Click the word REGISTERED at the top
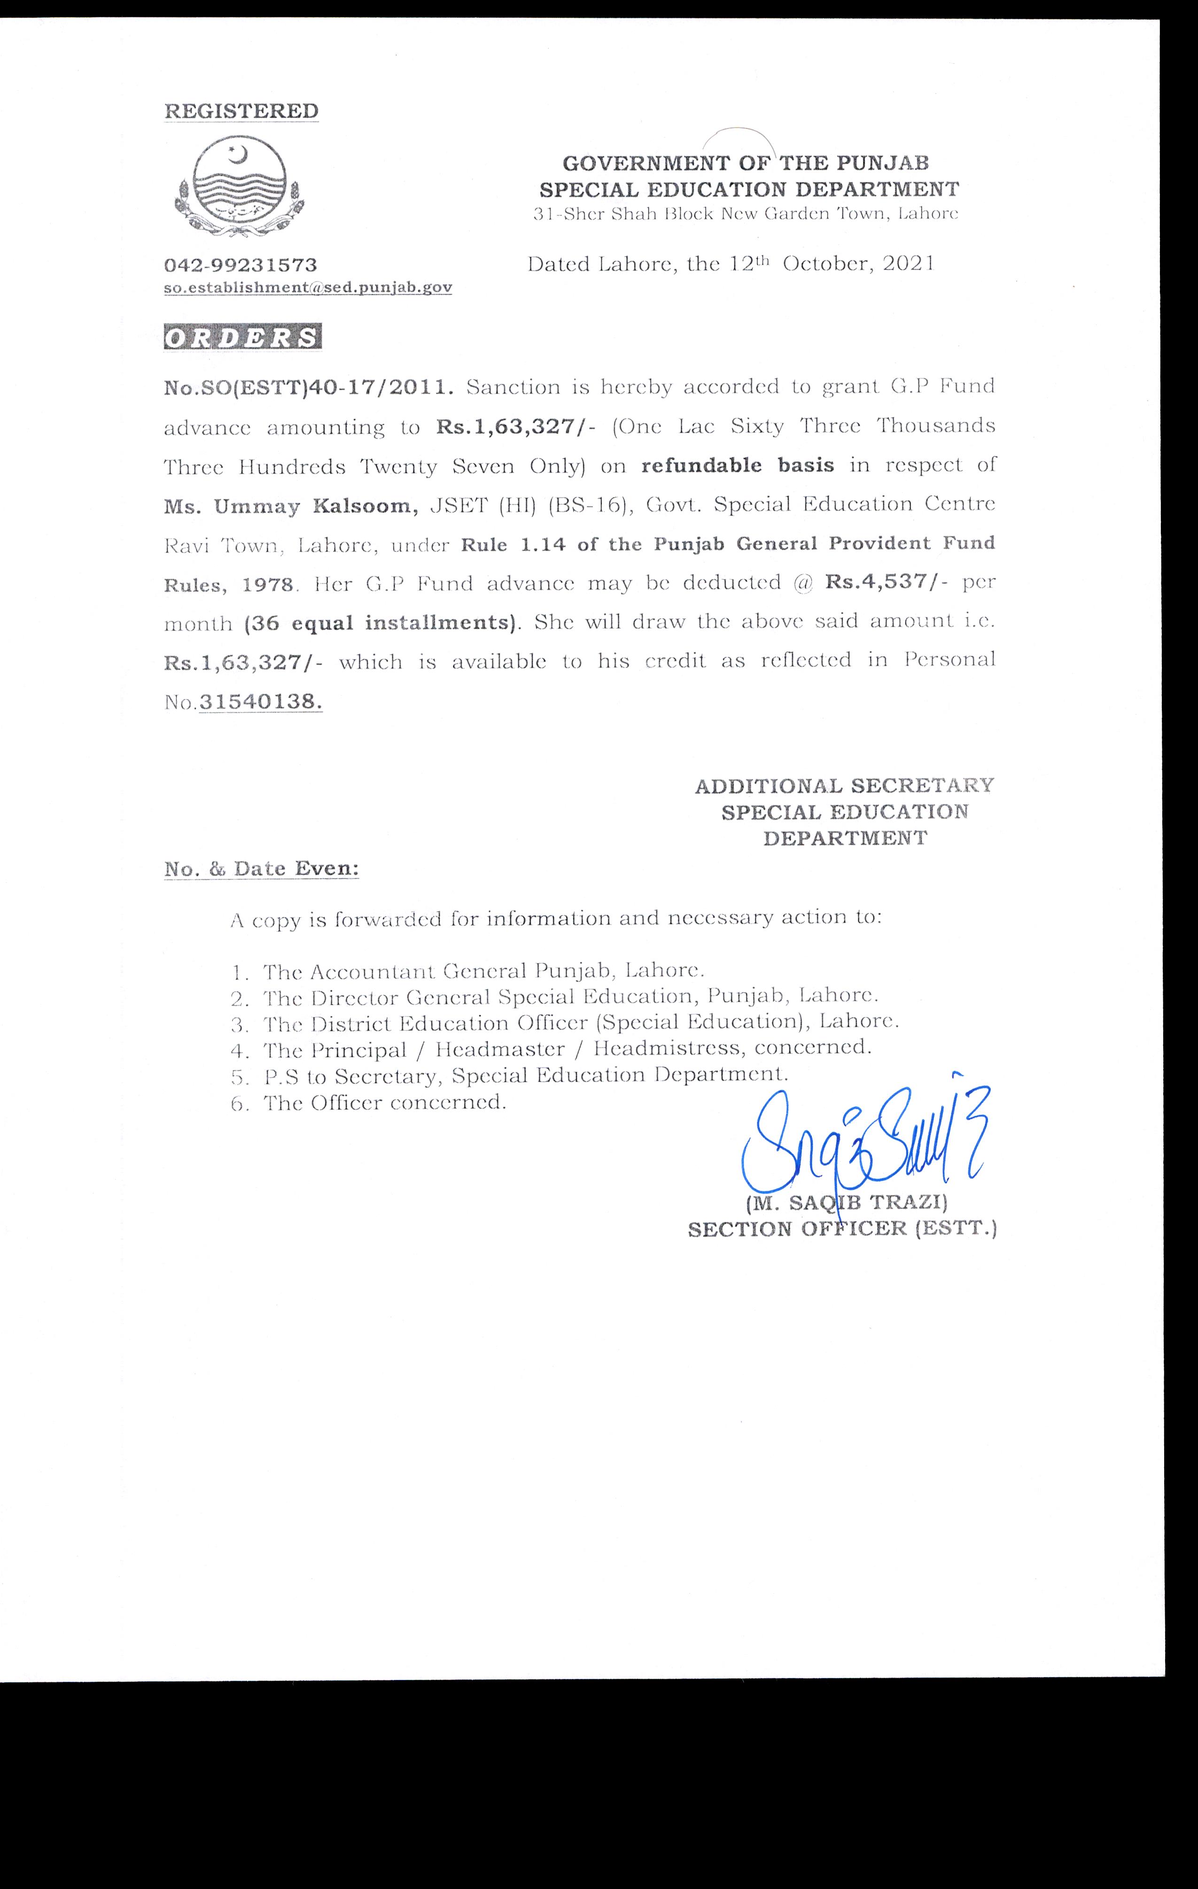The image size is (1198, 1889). pos(241,111)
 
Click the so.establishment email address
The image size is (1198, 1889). pos(308,288)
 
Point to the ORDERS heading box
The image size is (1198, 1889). pos(242,337)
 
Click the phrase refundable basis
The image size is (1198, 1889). pos(738,465)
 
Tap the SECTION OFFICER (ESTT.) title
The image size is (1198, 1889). pos(842,1229)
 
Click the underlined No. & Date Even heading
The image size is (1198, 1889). pos(261,869)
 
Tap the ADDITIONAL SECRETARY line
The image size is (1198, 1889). pos(844,785)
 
